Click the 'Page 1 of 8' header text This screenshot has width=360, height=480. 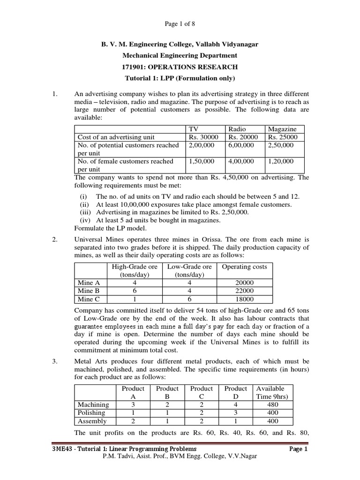[x=180, y=24]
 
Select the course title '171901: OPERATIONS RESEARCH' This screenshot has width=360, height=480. [x=180, y=67]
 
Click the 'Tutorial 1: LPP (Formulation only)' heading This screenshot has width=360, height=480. [x=180, y=78]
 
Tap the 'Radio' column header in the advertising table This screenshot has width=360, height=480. [x=237, y=129]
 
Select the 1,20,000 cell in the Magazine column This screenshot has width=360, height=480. [x=281, y=161]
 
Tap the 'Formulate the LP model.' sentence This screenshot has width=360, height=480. [x=110, y=228]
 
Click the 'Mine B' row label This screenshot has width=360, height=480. [x=89, y=291]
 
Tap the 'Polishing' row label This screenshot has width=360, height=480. [x=92, y=412]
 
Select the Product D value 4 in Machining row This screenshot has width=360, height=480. [x=235, y=405]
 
